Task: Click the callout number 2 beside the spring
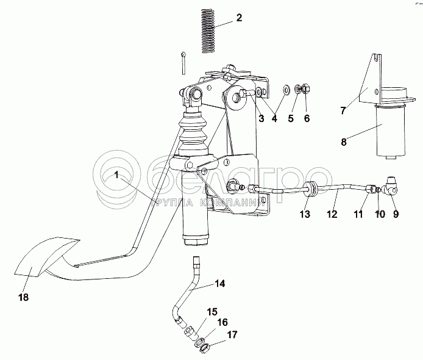pyautogui.click(x=238, y=17)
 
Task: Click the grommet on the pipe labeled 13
pyautogui.click(x=311, y=191)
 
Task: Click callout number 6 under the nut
pyautogui.click(x=307, y=118)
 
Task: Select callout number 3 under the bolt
pyautogui.click(x=260, y=118)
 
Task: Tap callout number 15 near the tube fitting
pyautogui.click(x=211, y=312)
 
